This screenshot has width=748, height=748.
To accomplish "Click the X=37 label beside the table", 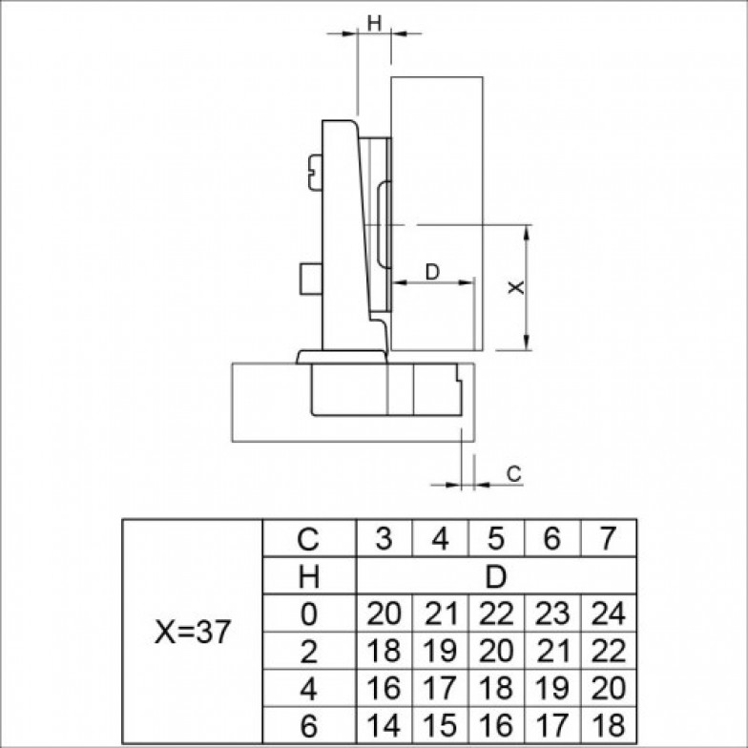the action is [193, 632].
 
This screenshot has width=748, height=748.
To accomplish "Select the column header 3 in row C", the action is [384, 538].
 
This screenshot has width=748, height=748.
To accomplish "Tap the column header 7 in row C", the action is [607, 538].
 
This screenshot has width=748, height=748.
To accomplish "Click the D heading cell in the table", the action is [496, 576].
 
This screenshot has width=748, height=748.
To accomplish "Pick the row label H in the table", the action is [309, 576].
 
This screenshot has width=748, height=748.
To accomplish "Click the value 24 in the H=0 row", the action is [609, 613].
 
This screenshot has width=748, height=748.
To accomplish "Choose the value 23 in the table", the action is [552, 613].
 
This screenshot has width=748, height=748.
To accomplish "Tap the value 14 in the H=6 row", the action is [384, 725].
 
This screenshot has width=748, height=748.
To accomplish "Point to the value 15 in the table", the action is [440, 725].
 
